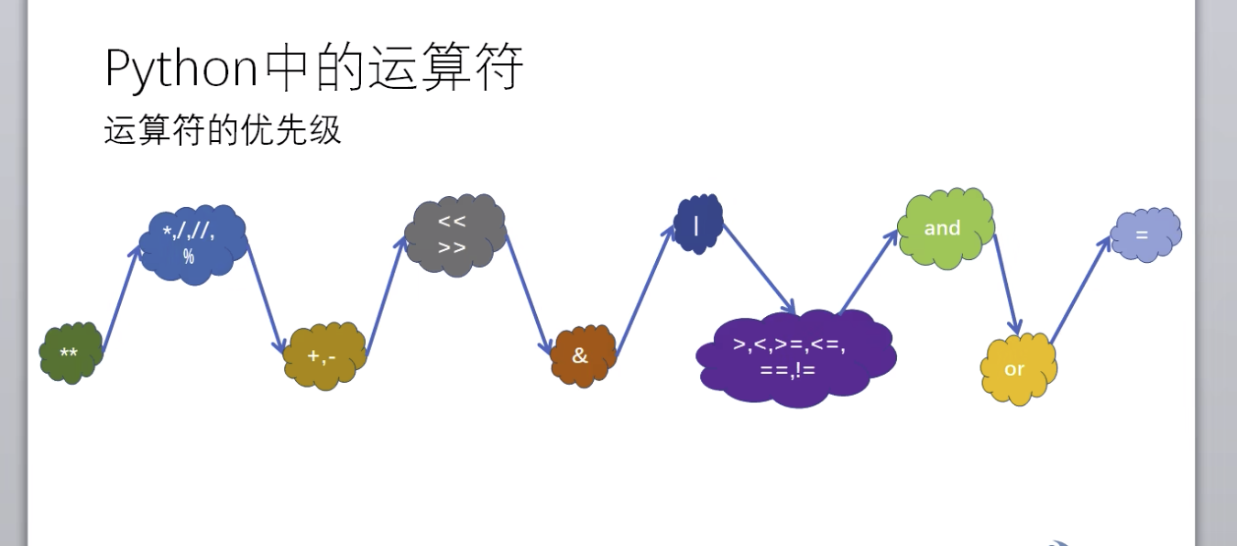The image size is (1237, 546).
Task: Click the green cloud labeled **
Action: coord(70,353)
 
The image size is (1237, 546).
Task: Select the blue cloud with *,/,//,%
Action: coord(192,245)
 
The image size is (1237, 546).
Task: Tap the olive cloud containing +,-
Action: coord(324,355)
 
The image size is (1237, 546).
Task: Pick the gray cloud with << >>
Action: coord(454,235)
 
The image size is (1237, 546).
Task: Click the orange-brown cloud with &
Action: coord(582,355)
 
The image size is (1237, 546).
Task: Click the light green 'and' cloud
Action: coord(945,228)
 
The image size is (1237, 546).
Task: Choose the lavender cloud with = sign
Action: coord(1144,234)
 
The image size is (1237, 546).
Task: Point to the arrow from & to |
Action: coord(645,292)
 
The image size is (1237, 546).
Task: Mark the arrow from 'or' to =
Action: coord(1081,289)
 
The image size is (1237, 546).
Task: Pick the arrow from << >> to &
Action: coord(528,293)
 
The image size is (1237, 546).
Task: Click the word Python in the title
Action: coord(181,68)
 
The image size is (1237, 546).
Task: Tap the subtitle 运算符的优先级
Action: coord(223,131)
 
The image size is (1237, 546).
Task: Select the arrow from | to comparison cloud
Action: coord(758,268)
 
